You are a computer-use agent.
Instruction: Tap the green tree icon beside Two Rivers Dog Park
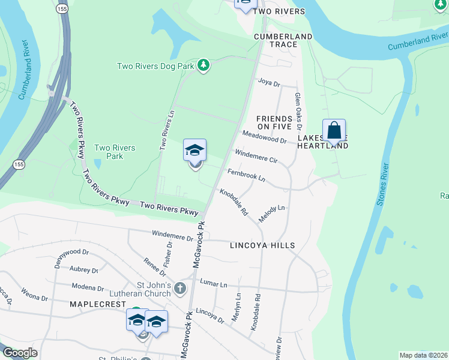pyautogui.click(x=203, y=65)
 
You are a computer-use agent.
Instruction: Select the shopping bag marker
pyautogui.click(x=334, y=130)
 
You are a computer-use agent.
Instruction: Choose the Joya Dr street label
pyautogui.click(x=269, y=82)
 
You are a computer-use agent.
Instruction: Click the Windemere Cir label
pyautogui.click(x=256, y=157)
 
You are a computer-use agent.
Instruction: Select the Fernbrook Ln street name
pyautogui.click(x=246, y=175)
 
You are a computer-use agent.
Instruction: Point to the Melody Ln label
pyautogui.click(x=271, y=214)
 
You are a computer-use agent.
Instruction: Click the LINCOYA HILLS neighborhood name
pyautogui.click(x=262, y=245)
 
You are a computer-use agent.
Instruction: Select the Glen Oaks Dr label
pyautogui.click(x=297, y=111)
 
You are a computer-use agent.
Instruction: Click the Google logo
pyautogui.click(x=20, y=353)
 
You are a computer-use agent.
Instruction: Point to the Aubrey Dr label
pyautogui.click(x=83, y=271)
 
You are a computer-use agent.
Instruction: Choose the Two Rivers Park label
pyautogui.click(x=115, y=152)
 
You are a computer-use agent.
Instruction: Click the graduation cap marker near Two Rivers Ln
pyautogui.click(x=195, y=151)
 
